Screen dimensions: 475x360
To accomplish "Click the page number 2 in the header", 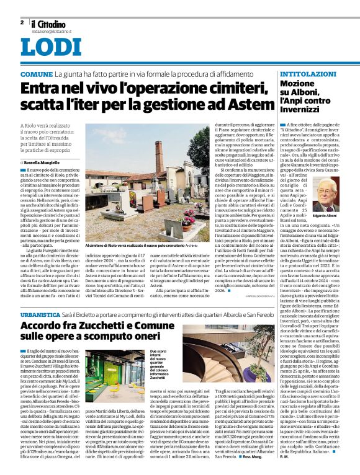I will [22, 22].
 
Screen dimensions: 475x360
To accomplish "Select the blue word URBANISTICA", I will [40, 315].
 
